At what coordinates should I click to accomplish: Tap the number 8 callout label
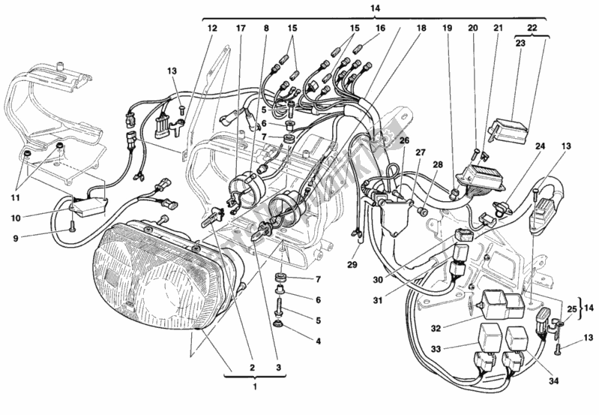(265, 29)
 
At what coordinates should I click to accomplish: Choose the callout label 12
(211, 29)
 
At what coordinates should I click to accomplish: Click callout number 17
(241, 29)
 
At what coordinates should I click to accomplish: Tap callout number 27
(420, 153)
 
